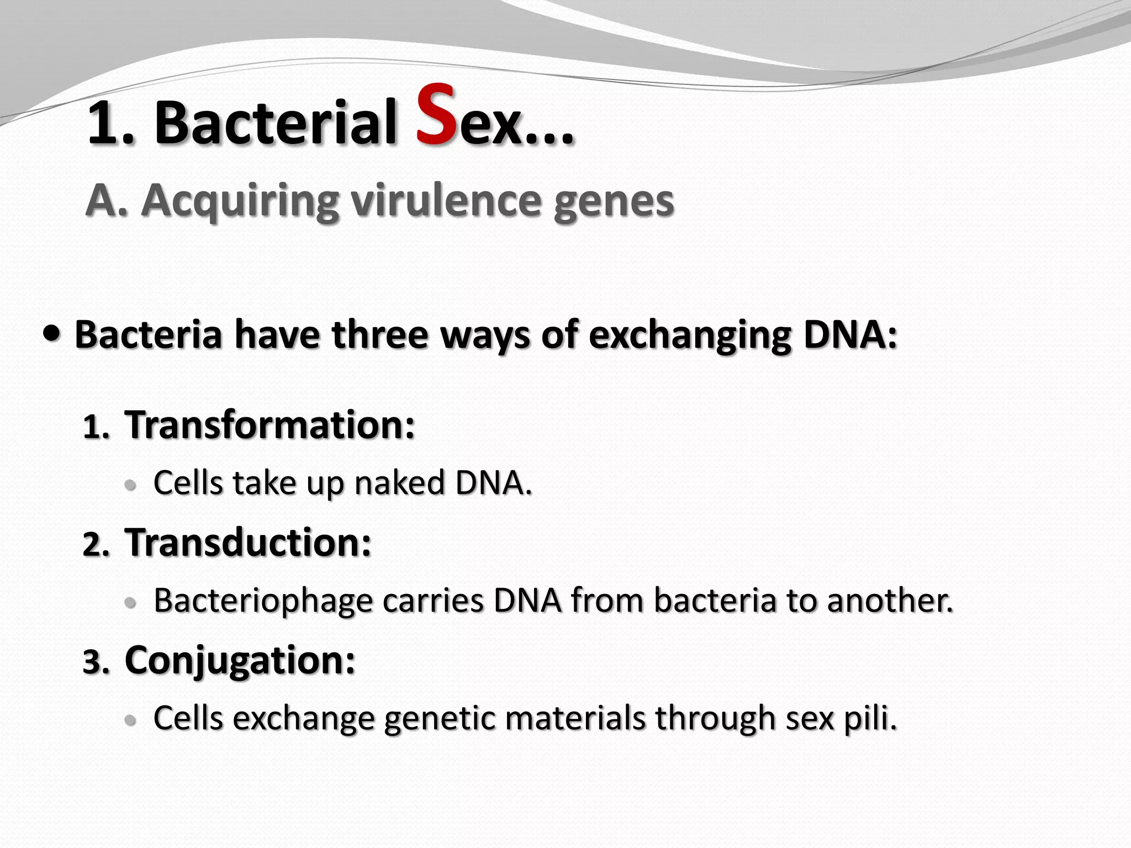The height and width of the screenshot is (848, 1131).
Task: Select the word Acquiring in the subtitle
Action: point(239,202)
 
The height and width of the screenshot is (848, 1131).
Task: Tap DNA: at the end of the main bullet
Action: point(850,335)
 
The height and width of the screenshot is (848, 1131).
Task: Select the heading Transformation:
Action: point(269,425)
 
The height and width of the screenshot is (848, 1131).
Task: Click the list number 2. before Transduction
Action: point(96,545)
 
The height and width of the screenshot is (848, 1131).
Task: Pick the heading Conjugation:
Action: point(240,660)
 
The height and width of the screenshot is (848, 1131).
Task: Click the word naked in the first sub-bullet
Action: point(399,483)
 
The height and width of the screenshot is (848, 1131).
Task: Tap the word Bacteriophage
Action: point(263,601)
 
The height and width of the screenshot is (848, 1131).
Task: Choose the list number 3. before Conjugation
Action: point(96,662)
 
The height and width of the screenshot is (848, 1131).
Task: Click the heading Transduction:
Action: point(248,543)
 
